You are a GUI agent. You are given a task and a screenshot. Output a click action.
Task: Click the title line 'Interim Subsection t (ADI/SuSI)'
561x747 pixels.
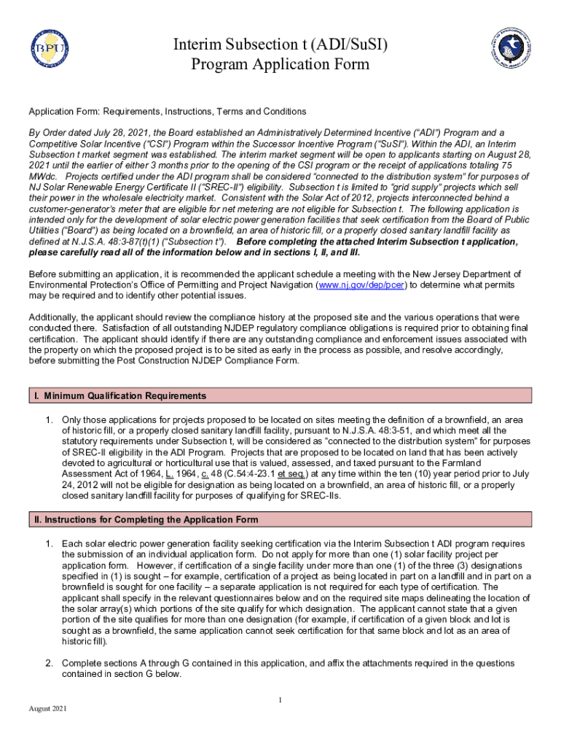[x=280, y=45]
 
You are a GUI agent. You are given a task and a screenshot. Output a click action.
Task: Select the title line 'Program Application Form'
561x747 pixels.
[x=280, y=65]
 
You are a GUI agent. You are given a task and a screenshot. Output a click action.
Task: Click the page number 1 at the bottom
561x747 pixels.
[x=280, y=700]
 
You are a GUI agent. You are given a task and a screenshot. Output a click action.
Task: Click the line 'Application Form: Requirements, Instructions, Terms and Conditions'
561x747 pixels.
[x=167, y=112]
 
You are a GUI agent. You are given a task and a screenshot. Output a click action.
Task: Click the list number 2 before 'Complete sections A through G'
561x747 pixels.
[x=50, y=663]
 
